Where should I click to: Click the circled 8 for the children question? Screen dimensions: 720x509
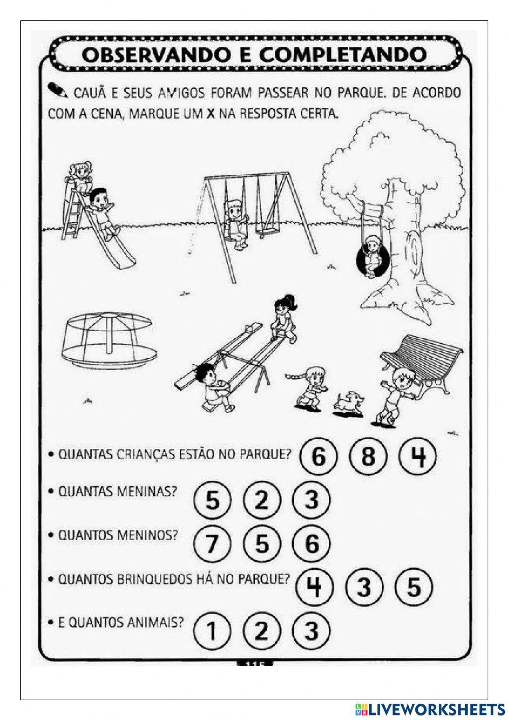tap(367, 456)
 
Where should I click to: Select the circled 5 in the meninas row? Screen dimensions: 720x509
tap(212, 500)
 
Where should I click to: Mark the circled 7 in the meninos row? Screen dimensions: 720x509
tap(212, 544)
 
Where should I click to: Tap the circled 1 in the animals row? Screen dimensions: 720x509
tap(212, 631)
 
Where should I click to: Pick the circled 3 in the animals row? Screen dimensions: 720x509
tap(312, 631)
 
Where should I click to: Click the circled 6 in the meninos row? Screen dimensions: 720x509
tap(312, 544)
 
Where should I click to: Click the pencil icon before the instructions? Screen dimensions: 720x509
tap(56, 91)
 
